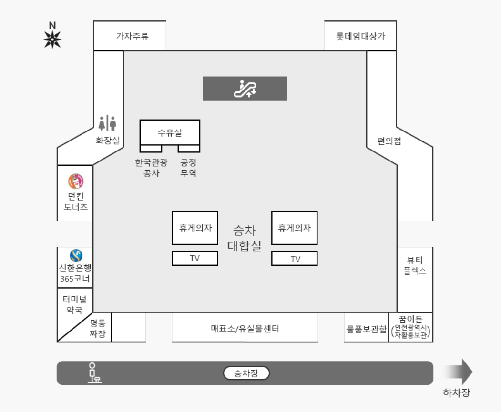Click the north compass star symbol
click(52, 39)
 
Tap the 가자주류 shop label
click(133, 36)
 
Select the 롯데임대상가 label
click(360, 36)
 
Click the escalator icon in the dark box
click(245, 89)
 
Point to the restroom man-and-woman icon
click(107, 123)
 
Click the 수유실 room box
click(170, 132)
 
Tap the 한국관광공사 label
click(151, 168)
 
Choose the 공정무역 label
click(188, 168)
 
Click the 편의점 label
click(389, 141)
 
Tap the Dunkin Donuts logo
click(75, 181)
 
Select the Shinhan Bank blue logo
click(76, 256)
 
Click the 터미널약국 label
click(75, 305)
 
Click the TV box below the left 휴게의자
click(194, 258)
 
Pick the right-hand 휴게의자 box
click(294, 228)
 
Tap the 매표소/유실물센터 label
click(245, 328)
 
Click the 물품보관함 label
click(366, 329)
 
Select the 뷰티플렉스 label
click(415, 265)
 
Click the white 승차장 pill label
click(246, 373)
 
